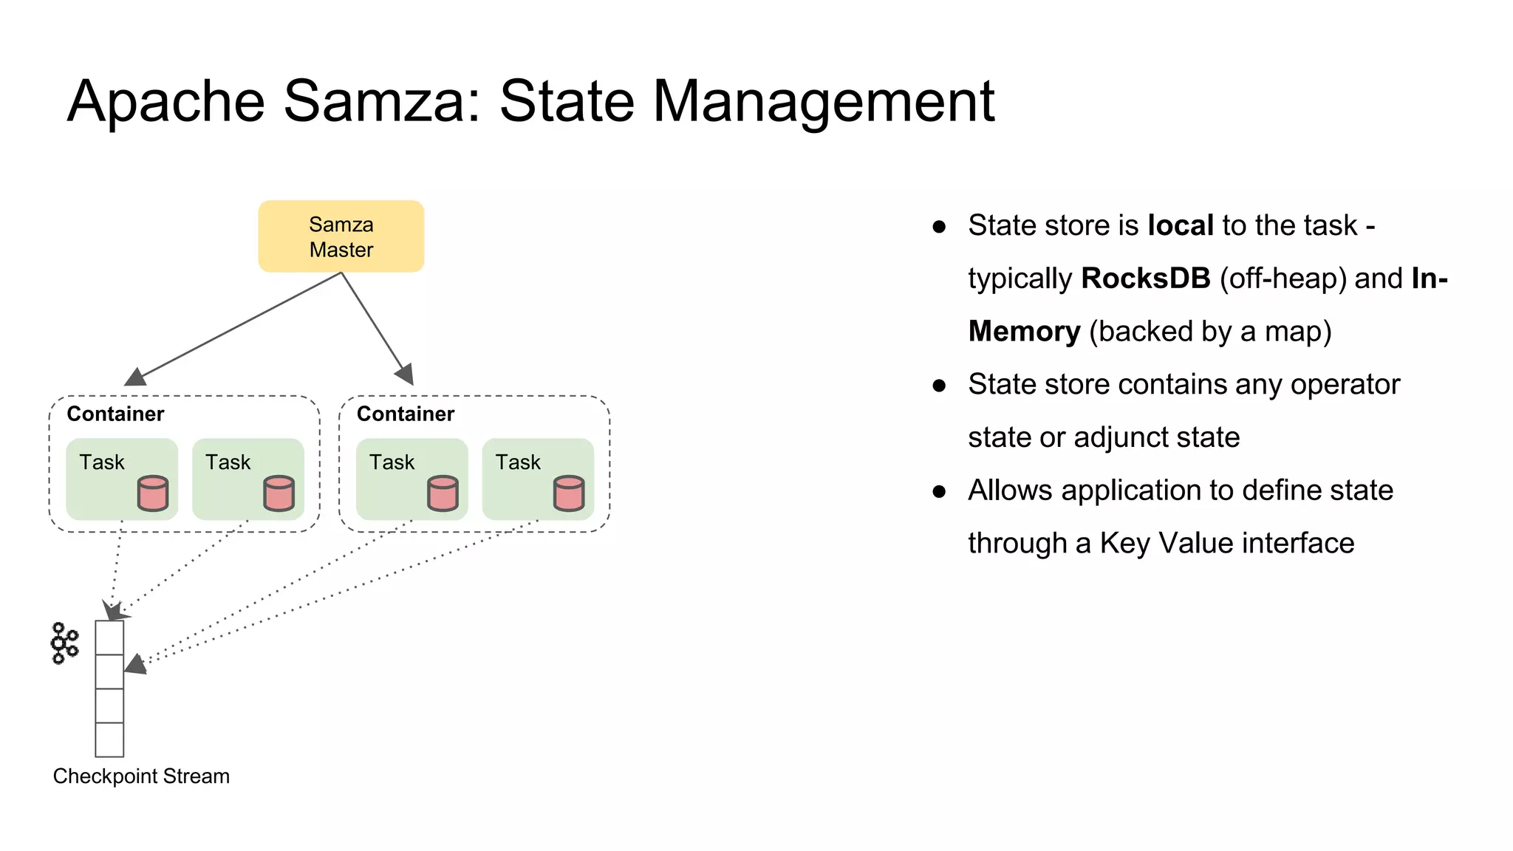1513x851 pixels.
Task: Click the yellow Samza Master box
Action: click(341, 236)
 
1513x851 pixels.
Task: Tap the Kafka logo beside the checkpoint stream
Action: click(64, 643)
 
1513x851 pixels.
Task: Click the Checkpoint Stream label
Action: click(141, 776)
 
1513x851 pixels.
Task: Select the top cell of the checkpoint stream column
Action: click(109, 638)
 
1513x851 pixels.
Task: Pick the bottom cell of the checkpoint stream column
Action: click(109, 739)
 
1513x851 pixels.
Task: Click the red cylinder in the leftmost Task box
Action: click(153, 493)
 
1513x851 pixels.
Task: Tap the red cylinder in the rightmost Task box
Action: click(569, 493)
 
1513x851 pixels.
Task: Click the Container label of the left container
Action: click(115, 414)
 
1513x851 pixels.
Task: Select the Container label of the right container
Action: click(406, 414)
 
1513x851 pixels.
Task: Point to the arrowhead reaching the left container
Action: click(134, 377)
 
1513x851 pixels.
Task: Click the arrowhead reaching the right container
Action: click(406, 375)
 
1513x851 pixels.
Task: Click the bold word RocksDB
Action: click(1145, 278)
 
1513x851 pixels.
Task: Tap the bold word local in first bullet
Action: click(1180, 225)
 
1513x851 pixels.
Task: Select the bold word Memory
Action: click(1024, 332)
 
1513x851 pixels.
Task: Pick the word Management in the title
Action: click(824, 101)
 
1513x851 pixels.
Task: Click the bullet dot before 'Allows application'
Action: click(939, 491)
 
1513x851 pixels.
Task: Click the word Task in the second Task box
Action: click(228, 462)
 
